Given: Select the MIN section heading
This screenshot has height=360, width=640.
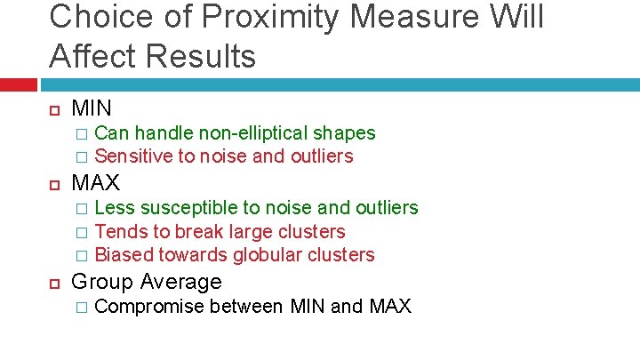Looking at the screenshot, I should pyautogui.click(x=92, y=108).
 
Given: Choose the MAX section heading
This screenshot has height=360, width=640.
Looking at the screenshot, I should pyautogui.click(x=95, y=183).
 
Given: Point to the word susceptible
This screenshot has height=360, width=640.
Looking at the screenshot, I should pyautogui.click(x=190, y=208).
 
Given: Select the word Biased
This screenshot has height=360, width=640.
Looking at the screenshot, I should pyautogui.click(x=124, y=255).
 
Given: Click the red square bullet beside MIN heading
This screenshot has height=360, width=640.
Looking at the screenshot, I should pyautogui.click(x=53, y=109).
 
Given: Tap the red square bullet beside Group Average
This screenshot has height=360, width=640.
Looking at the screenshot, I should pyautogui.click(x=53, y=283).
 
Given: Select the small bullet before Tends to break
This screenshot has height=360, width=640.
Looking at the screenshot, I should pyautogui.click(x=81, y=232).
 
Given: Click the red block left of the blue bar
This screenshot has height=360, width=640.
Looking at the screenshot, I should pyautogui.click(x=19, y=84).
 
